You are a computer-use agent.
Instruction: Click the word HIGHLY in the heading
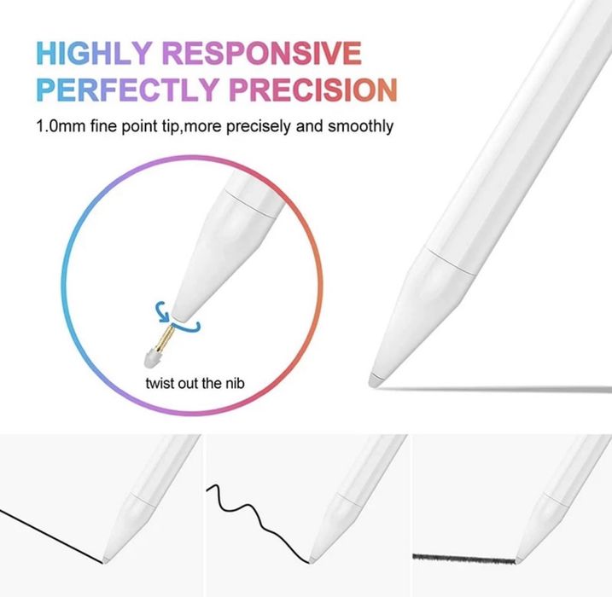click(x=95, y=54)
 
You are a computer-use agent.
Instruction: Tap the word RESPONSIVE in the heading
click(x=262, y=54)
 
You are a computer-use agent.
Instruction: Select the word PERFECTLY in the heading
click(x=135, y=89)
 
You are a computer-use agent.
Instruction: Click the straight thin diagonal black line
click(x=51, y=534)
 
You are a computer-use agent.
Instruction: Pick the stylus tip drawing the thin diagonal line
click(x=106, y=558)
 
